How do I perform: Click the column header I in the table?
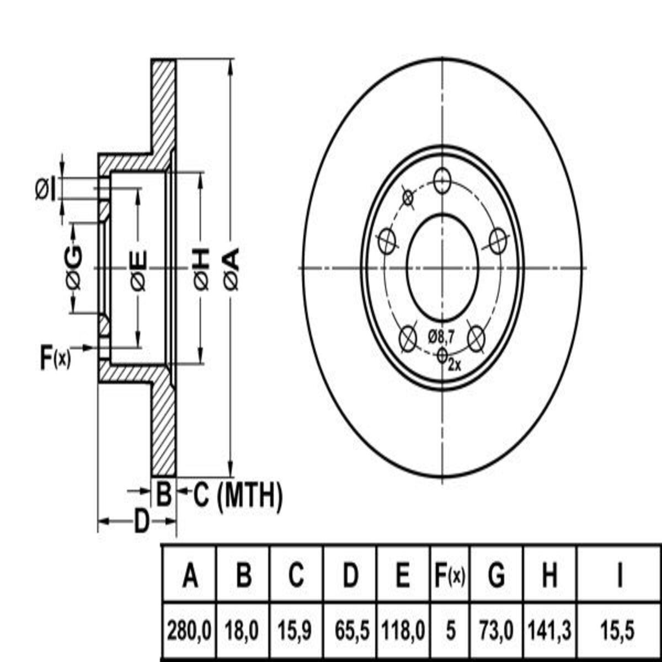pos(619,576)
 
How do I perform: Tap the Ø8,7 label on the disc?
pos(441,335)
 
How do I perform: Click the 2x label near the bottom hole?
pos(455,365)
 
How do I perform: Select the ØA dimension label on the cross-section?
pos(232,269)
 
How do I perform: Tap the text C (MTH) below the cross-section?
pos(238,495)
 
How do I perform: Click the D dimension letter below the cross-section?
pos(142,521)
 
